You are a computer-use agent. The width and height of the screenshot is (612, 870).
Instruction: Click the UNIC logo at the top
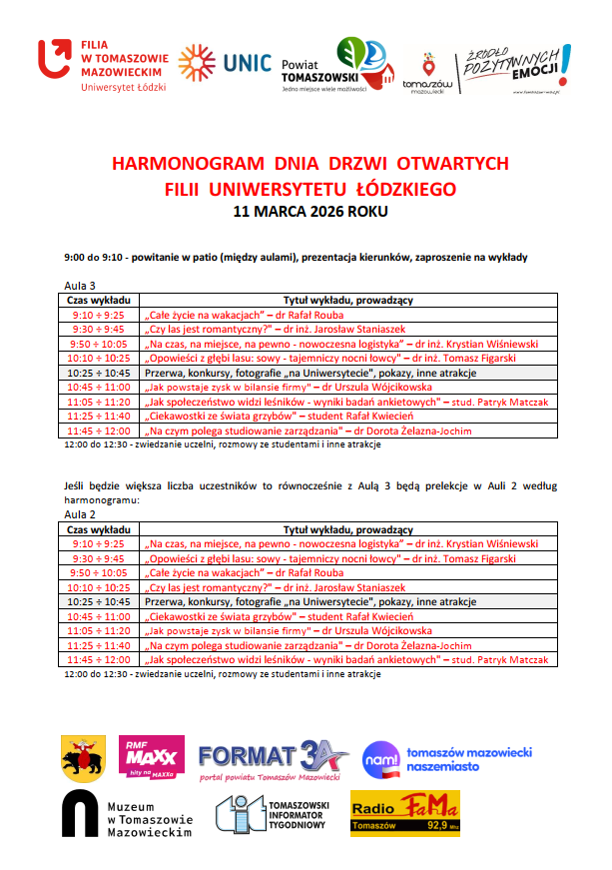[x=225, y=62]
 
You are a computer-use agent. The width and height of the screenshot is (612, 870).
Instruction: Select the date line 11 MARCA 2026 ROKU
[x=309, y=212]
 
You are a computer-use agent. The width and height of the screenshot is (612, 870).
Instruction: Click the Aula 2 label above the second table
[x=80, y=513]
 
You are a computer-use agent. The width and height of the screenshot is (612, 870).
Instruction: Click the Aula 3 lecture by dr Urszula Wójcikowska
[x=290, y=387]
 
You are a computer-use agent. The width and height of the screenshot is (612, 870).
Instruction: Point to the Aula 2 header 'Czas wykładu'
[x=98, y=528]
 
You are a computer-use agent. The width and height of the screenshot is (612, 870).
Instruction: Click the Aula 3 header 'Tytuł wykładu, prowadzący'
[x=348, y=300]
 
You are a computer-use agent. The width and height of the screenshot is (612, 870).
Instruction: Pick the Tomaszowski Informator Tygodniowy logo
[x=272, y=814]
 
